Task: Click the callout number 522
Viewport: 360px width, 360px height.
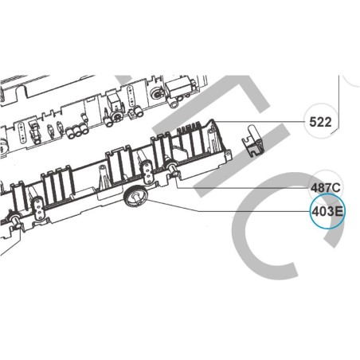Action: pos(320,122)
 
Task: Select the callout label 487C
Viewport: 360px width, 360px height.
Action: pos(325,188)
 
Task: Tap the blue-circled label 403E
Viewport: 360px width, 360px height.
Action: pos(327,212)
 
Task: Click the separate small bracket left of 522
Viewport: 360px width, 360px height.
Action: pos(253,141)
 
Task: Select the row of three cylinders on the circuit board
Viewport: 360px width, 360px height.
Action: pos(76,132)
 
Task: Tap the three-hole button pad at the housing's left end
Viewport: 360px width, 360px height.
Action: pos(38,209)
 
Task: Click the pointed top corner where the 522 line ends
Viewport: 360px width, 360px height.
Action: pos(214,120)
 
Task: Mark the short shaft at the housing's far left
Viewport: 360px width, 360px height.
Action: pos(15,220)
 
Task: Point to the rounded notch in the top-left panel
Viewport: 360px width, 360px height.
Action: pos(22,91)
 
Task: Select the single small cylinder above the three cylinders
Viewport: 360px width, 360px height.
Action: pos(84,118)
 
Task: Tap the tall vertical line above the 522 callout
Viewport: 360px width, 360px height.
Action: pos(339,102)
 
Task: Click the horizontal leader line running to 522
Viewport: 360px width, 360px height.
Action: pos(260,122)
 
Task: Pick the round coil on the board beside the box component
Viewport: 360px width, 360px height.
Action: pos(157,93)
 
